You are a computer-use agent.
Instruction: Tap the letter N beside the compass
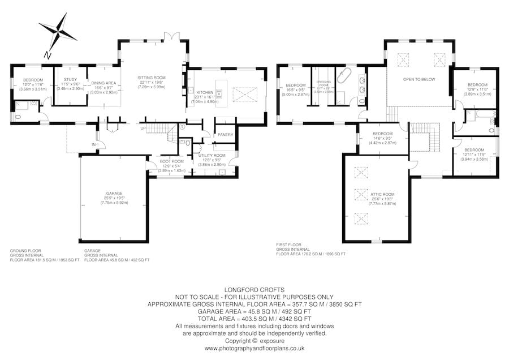pyautogui.click(x=48, y=55)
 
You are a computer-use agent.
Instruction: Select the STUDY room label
pyautogui.click(x=70, y=80)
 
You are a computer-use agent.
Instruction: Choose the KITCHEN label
pyautogui.click(x=205, y=92)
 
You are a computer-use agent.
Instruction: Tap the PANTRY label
pyautogui.click(x=226, y=135)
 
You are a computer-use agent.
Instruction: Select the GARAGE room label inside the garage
pyautogui.click(x=114, y=193)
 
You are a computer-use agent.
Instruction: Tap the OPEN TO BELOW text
pyautogui.click(x=419, y=79)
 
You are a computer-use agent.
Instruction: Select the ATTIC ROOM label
pyautogui.click(x=383, y=194)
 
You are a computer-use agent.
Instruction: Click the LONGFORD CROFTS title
pyautogui.click(x=254, y=288)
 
